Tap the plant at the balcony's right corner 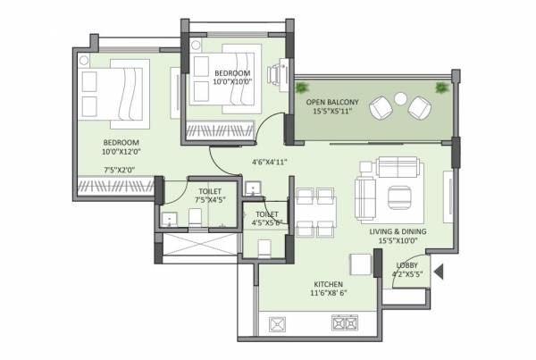(x=440, y=88)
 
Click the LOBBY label (x=407, y=265)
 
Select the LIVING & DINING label (x=398, y=231)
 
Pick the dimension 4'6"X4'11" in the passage (x=269, y=162)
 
